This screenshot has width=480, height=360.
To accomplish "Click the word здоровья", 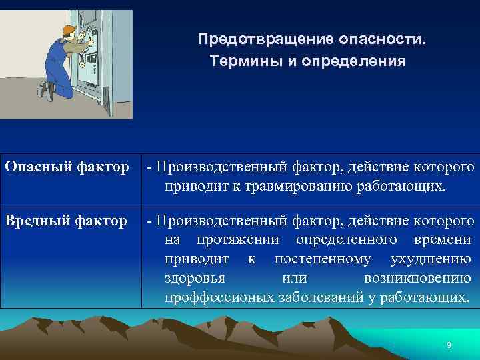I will point(194,278).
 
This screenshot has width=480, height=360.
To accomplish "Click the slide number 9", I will point(449,344).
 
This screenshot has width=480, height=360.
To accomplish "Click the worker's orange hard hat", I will point(69,30).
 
